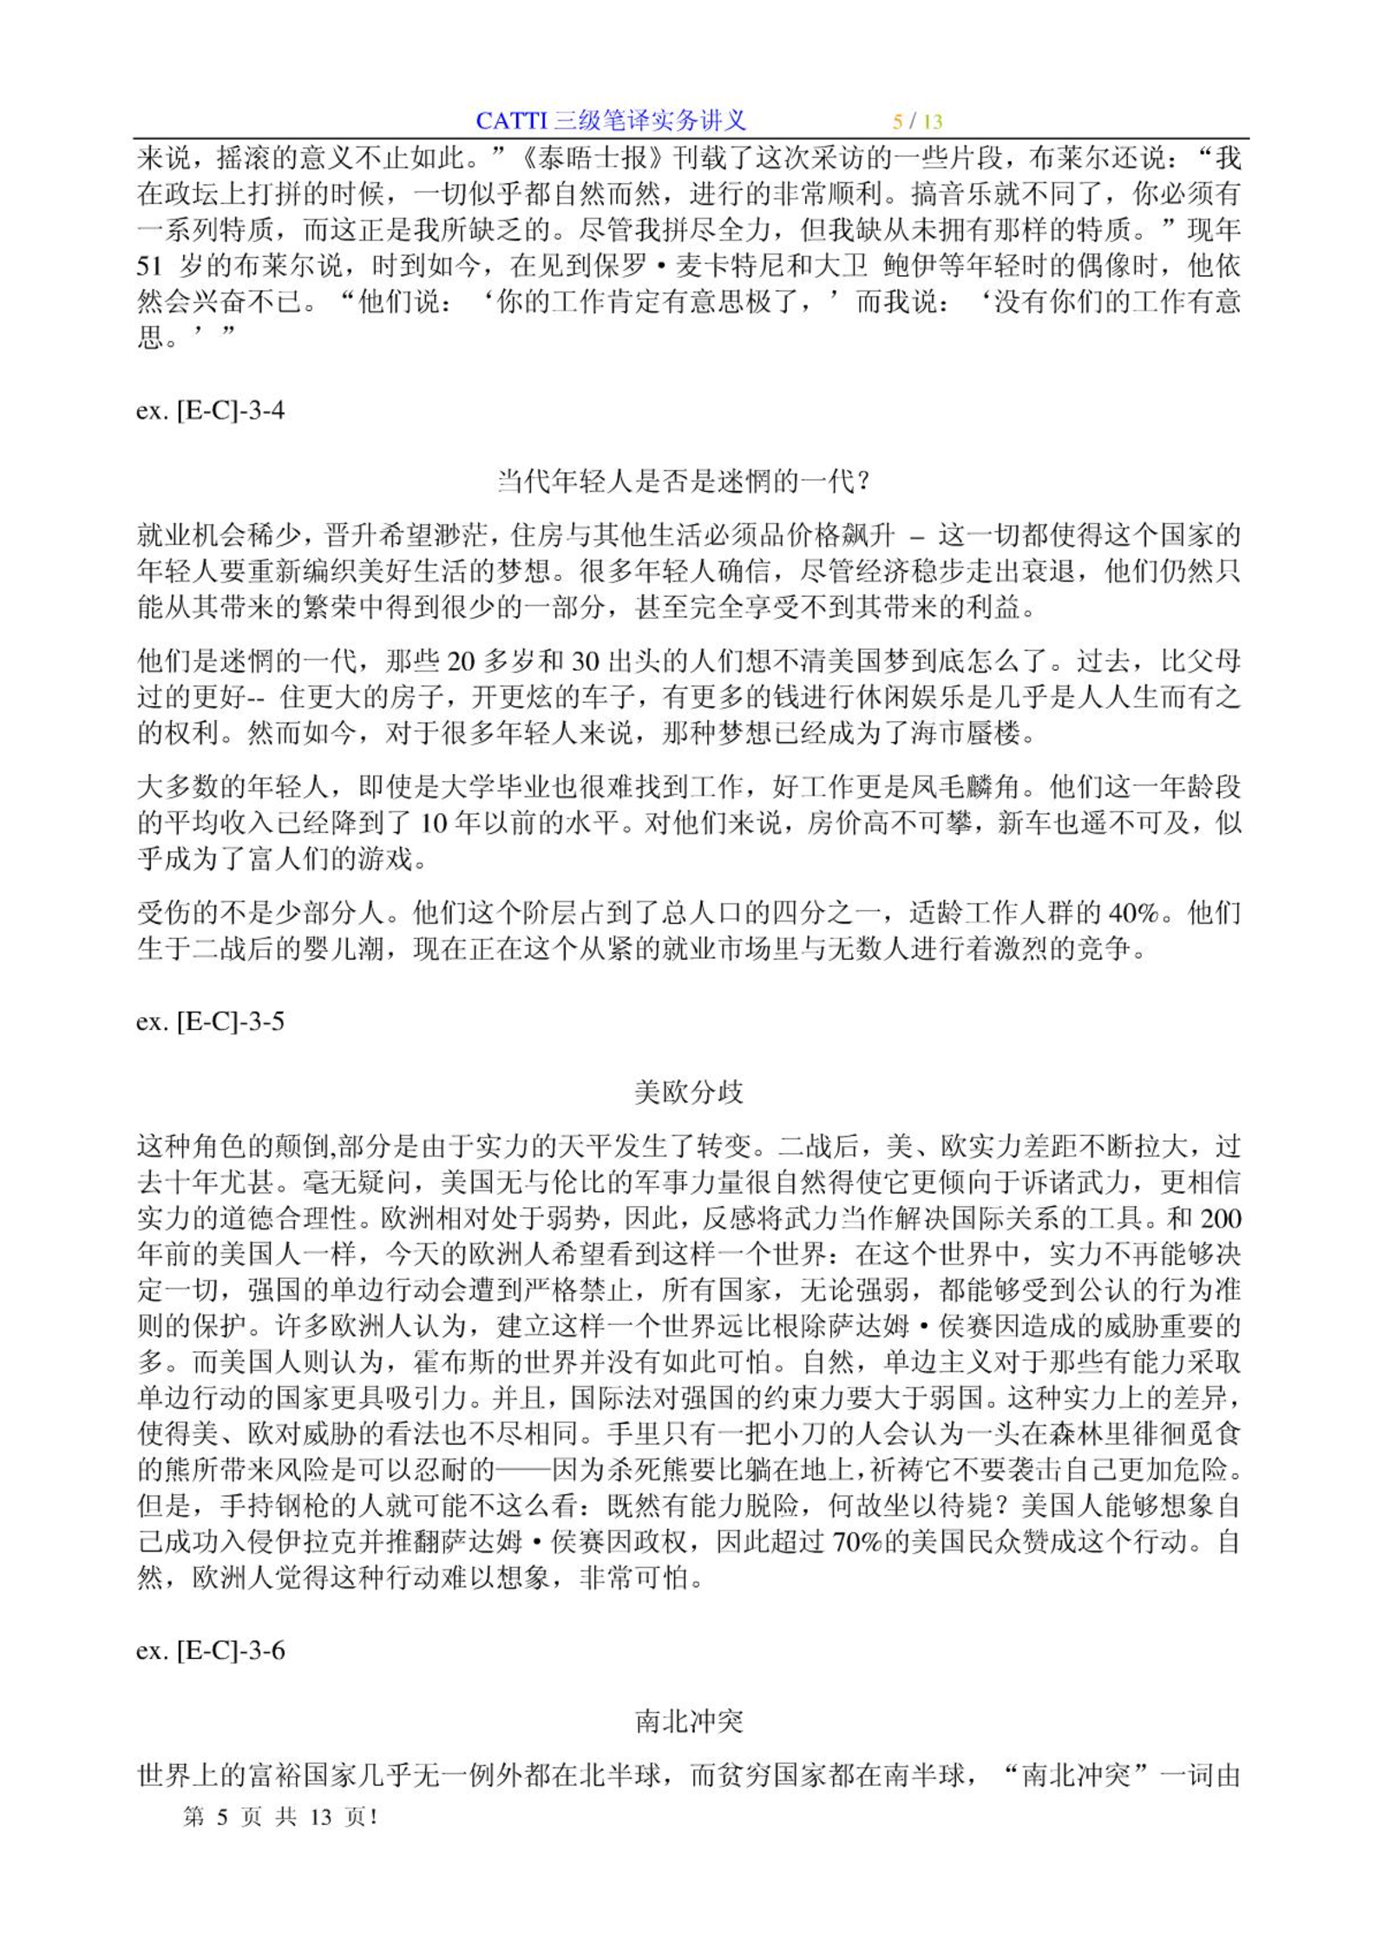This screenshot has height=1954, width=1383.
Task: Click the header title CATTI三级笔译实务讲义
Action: (x=610, y=121)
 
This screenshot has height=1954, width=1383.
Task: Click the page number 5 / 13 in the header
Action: (x=918, y=121)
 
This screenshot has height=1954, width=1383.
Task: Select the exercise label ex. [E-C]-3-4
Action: (x=210, y=410)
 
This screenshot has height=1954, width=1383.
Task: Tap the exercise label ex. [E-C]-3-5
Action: (x=210, y=1021)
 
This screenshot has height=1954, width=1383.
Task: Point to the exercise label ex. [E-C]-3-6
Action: (x=210, y=1650)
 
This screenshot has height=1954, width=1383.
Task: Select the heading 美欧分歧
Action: (x=689, y=1092)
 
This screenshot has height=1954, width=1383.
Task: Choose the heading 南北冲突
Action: (x=689, y=1721)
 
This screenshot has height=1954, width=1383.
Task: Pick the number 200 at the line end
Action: (x=1220, y=1218)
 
